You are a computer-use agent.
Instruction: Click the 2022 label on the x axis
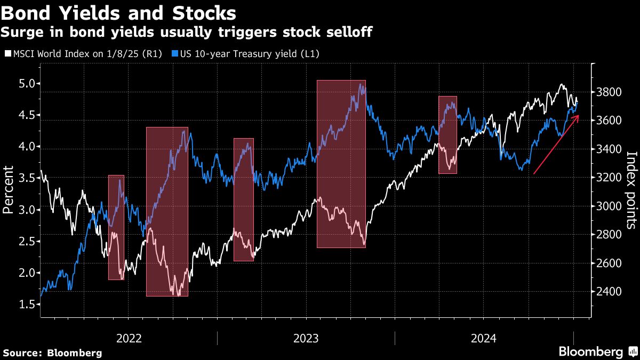[129, 338]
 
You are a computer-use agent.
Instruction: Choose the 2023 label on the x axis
[306, 338]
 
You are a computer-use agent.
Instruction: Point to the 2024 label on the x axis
[484, 338]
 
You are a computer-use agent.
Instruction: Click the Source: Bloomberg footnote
[52, 353]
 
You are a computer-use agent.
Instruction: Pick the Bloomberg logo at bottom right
[596, 352]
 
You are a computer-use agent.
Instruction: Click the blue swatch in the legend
[174, 54]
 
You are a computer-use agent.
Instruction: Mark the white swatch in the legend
[7, 54]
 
